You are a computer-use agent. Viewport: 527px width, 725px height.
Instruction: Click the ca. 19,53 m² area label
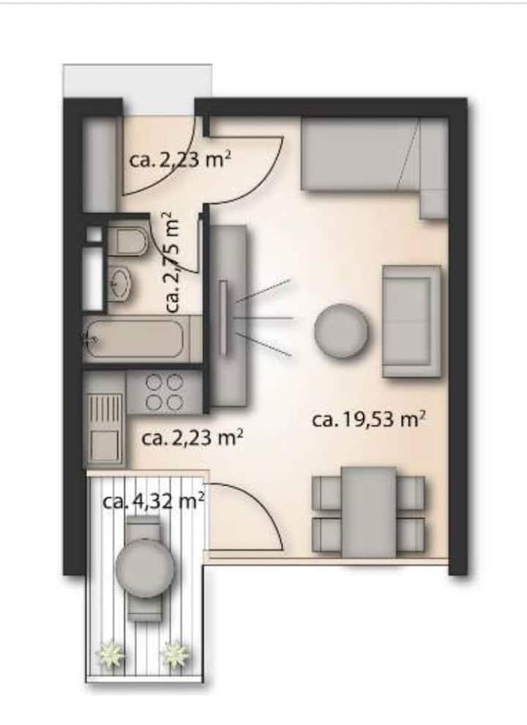pos(369,420)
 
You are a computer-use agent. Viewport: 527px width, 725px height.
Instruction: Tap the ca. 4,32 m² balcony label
pos(153,500)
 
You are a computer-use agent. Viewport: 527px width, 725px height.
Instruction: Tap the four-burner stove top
pos(164,393)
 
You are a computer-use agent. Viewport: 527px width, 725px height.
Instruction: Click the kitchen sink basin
pos(105,446)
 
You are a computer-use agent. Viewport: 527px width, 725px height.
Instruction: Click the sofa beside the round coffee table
pos(411,321)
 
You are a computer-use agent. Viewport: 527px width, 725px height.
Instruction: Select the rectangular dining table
pos(369,511)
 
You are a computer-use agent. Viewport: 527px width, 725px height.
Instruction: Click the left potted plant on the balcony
pos(110,653)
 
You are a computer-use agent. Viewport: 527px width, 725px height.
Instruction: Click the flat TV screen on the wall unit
pos(224,318)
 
